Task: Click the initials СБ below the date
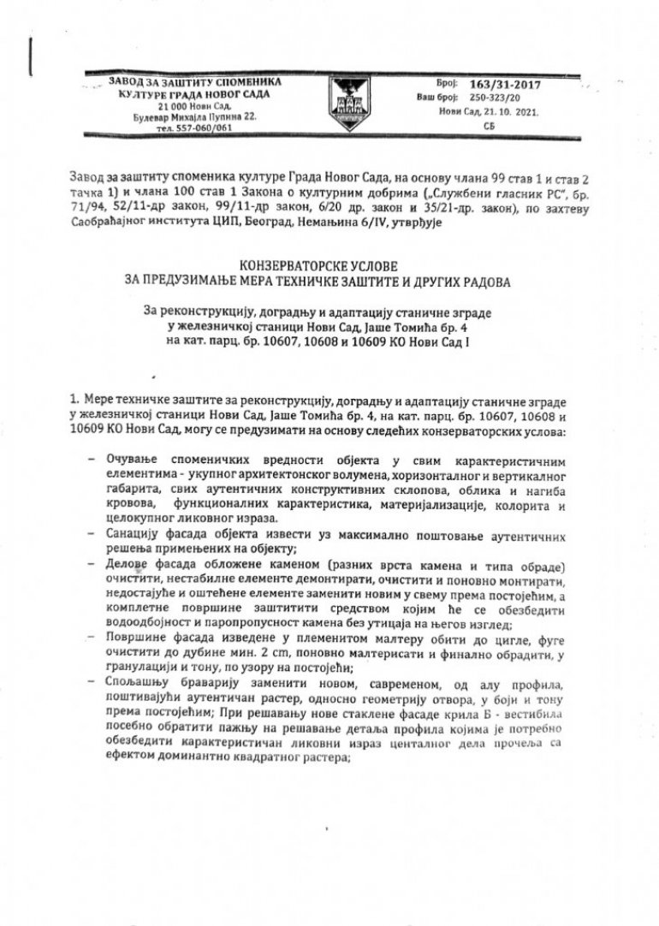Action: tap(490, 125)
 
